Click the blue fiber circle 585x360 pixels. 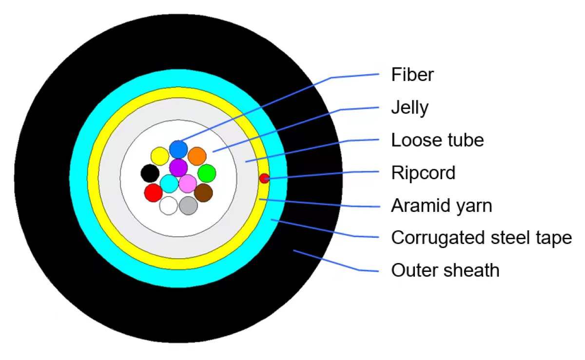[178, 149]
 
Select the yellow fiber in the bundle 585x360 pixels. [159, 156]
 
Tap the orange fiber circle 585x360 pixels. [197, 156]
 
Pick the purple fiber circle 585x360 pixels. [178, 168]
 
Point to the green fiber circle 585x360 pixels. [207, 173]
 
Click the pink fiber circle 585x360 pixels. [188, 184]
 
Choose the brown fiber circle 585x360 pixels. [203, 192]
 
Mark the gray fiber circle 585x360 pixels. [188, 206]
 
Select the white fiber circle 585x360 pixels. [169, 206]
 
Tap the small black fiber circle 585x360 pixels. [150, 173]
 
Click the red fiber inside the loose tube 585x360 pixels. [154, 192]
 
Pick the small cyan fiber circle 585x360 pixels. [169, 184]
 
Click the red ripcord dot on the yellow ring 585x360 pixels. [264, 178]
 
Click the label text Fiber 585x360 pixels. [412, 75]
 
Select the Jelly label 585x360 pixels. [409, 108]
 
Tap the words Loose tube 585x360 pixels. [437, 140]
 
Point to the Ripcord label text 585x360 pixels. [423, 173]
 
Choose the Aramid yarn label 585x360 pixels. [441, 206]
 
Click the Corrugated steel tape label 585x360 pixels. [481, 238]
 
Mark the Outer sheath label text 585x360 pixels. [445, 270]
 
